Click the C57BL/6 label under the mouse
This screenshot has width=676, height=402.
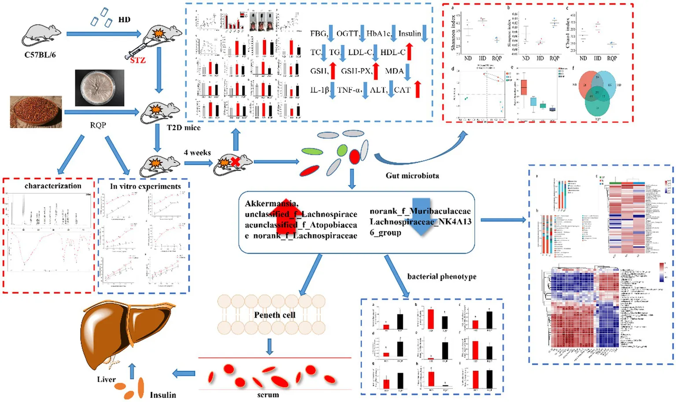click(40, 55)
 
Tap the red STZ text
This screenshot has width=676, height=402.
click(137, 60)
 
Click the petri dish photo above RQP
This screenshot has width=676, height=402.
click(99, 88)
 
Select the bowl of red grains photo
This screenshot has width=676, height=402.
click(36, 113)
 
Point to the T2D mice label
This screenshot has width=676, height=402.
click(183, 128)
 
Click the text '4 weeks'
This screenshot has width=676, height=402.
click(197, 152)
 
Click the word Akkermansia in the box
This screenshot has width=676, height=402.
click(271, 203)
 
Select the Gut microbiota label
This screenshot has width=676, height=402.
click(412, 175)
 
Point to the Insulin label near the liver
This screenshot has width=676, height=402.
click(163, 395)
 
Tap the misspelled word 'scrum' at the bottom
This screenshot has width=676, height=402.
click(268, 395)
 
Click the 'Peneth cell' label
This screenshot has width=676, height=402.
click(274, 315)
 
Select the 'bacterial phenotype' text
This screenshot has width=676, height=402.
click(441, 277)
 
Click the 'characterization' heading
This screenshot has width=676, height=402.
click(53, 186)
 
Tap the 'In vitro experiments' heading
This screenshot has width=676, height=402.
click(145, 186)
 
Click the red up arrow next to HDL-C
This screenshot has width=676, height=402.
click(409, 52)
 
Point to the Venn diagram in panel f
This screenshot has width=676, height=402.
click(597, 92)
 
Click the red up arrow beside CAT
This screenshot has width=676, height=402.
click(417, 89)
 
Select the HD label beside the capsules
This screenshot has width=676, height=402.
click(124, 19)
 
